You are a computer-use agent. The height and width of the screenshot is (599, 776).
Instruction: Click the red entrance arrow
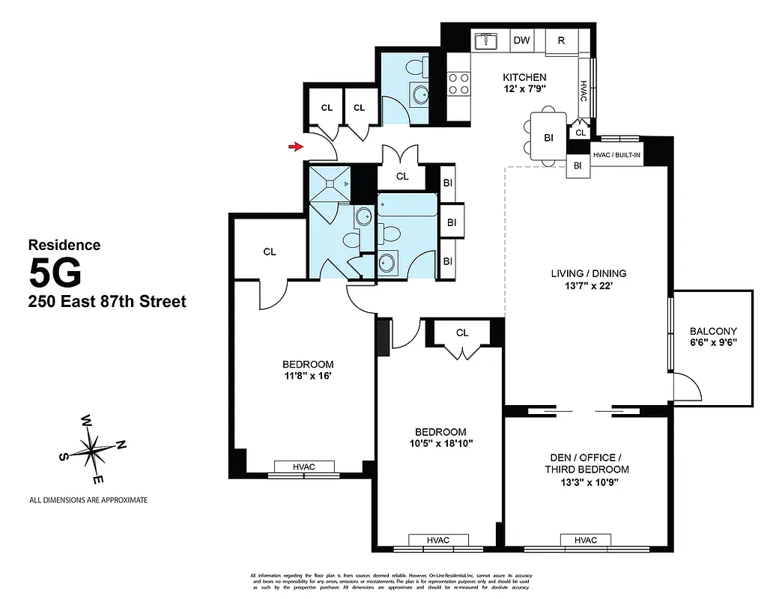[297, 147]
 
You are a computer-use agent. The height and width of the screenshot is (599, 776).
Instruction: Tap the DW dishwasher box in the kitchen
[521, 40]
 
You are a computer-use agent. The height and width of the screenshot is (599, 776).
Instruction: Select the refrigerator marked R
[561, 40]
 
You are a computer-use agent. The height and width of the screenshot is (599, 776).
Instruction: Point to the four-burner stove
[458, 83]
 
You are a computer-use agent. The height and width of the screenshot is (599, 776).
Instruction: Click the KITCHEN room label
[524, 77]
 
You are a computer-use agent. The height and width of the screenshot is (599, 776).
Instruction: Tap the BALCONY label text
[713, 331]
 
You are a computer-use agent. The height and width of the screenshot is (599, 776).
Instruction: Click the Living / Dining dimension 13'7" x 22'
[588, 285]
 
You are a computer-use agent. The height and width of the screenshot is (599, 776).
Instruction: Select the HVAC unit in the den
[586, 541]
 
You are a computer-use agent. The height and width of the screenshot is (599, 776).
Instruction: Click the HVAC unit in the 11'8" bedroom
[304, 467]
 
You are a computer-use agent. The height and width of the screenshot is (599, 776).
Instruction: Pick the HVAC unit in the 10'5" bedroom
[438, 541]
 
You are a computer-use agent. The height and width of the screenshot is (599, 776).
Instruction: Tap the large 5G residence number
[55, 273]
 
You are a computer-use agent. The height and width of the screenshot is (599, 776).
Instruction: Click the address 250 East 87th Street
[106, 302]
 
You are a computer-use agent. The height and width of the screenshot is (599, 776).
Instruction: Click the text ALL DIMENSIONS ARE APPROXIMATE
[88, 499]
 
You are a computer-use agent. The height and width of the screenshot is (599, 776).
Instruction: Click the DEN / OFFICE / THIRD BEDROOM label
[586, 463]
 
